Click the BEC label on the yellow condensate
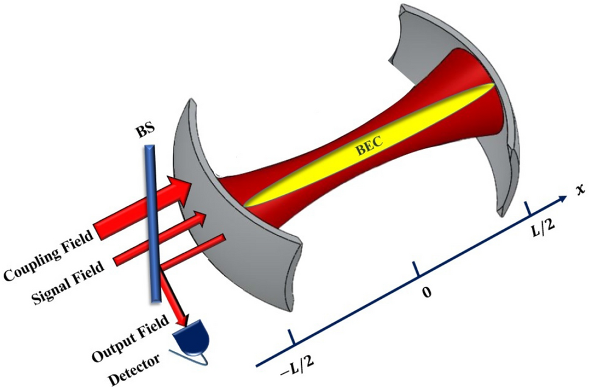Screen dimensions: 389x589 (x=369, y=149)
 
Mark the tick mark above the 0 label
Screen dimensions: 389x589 (x=416, y=268)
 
